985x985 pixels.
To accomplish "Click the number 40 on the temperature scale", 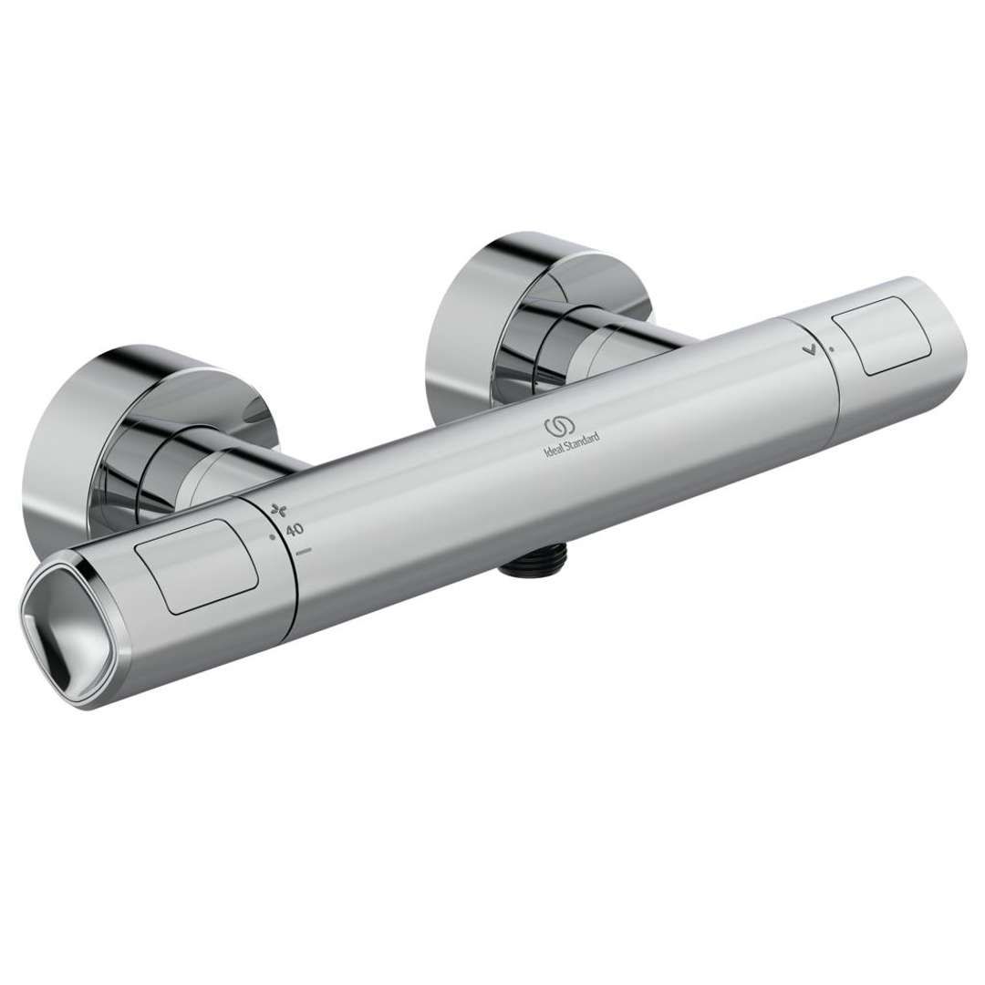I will coord(295,530).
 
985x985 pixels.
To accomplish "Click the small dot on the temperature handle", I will coord(272,539).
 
